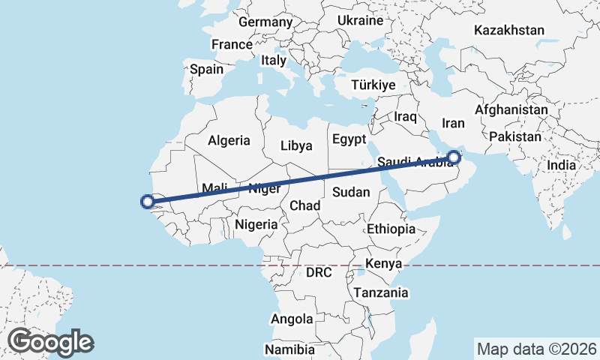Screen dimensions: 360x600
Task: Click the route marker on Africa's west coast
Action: pyautogui.click(x=148, y=201)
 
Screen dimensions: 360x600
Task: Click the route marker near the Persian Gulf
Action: pyautogui.click(x=454, y=157)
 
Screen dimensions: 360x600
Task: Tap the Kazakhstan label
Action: pyautogui.click(x=508, y=31)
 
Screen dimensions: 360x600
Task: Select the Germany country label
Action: pyautogui.click(x=265, y=22)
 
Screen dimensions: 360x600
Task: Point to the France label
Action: pyautogui.click(x=232, y=44)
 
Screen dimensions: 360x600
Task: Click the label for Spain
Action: pyautogui.click(x=206, y=69)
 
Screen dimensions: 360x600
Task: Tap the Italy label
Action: pyautogui.click(x=274, y=60)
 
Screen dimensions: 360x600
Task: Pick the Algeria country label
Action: pyautogui.click(x=229, y=140)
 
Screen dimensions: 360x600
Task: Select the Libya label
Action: pyautogui.click(x=296, y=145)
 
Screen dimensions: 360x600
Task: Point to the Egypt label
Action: pyautogui.click(x=349, y=139)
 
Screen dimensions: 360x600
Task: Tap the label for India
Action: pyautogui.click(x=562, y=165)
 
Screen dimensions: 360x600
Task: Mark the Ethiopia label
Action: pyautogui.click(x=391, y=229)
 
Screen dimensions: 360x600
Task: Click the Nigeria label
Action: pyautogui.click(x=256, y=223)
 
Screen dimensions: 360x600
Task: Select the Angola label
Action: pyautogui.click(x=292, y=319)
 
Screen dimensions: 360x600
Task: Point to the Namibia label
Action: pyautogui.click(x=289, y=349)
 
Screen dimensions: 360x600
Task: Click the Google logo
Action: pyautogui.click(x=50, y=342)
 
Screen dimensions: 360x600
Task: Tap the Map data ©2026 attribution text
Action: pyautogui.click(x=536, y=349)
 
